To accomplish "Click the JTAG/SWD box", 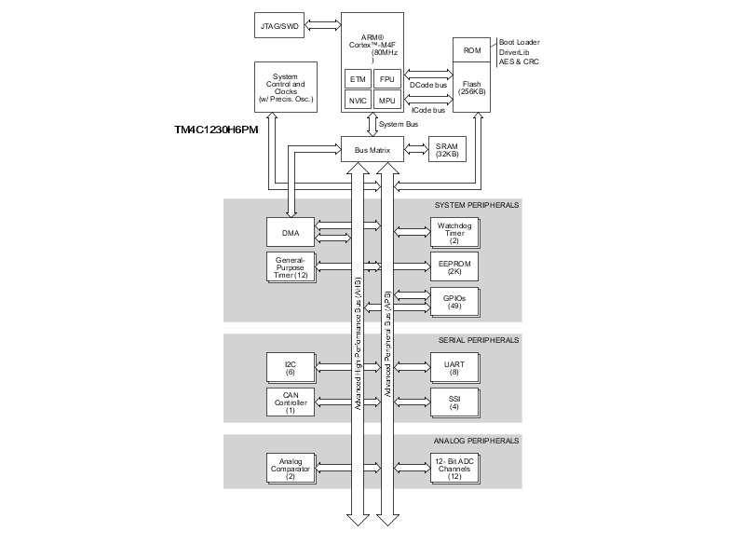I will (x=278, y=25).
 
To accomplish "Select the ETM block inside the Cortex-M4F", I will (x=357, y=78).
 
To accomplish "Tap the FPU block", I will (x=386, y=78).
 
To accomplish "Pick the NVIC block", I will (x=357, y=100).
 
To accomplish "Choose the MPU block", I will (x=386, y=100).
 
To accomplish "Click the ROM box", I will (x=471, y=50).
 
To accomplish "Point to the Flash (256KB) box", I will (x=471, y=89).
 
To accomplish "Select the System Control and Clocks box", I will (x=285, y=87).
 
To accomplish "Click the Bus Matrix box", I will (x=372, y=149).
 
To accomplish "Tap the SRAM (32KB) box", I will (x=446, y=149).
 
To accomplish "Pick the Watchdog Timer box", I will (x=454, y=230).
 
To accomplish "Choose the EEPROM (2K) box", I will (x=454, y=266).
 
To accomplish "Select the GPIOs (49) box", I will (x=454, y=301).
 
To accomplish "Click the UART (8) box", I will (x=454, y=367).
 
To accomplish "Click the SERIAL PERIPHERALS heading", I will (x=477, y=340).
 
